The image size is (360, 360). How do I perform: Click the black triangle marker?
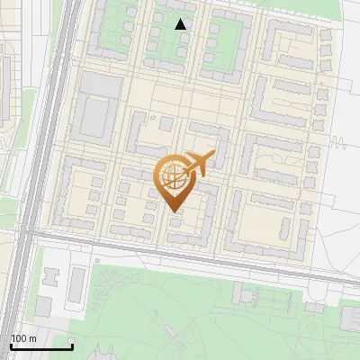[x=181, y=24]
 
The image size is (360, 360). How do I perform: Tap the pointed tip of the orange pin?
[x=172, y=211]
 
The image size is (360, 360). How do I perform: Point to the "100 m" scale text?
[x=23, y=338]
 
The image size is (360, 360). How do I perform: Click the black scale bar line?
[x=40, y=346]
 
